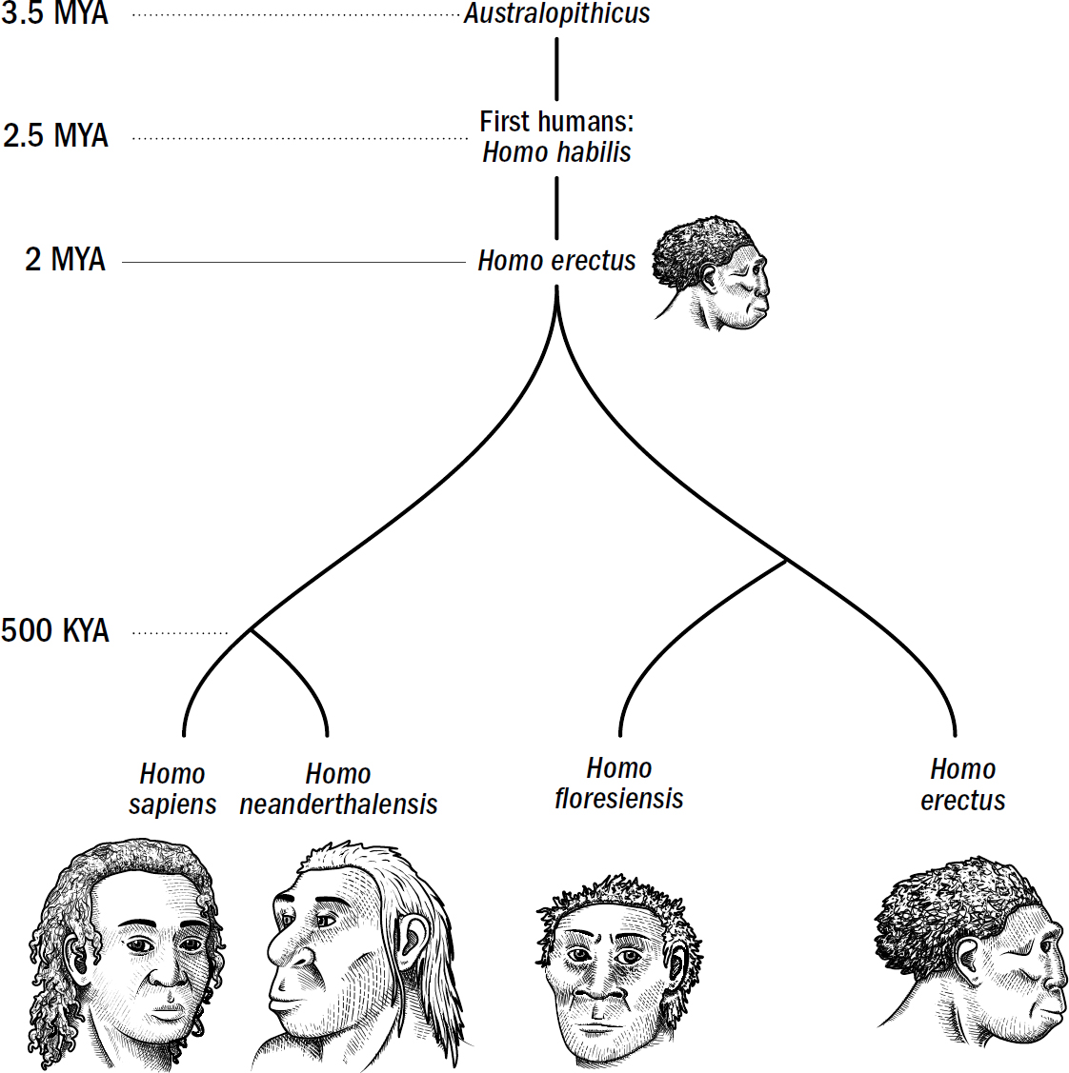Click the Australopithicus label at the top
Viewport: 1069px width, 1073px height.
[556, 14]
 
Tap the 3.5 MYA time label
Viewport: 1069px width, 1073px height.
[55, 13]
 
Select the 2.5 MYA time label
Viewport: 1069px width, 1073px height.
[55, 136]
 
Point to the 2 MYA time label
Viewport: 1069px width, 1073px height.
[65, 260]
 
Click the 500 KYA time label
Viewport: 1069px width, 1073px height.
[55, 630]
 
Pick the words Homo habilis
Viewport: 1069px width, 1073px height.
[556, 152]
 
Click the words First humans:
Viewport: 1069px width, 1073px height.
[556, 122]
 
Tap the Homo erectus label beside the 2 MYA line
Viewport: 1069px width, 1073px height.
[556, 261]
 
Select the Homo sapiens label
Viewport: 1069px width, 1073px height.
[172, 788]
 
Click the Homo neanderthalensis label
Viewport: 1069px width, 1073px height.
[338, 788]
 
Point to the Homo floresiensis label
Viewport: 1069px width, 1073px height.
[619, 784]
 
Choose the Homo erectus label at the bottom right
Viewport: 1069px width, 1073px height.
[962, 785]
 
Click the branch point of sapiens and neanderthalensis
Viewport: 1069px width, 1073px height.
[251, 629]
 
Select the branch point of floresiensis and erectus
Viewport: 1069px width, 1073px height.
[786, 560]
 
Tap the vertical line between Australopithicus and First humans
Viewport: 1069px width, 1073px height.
[556, 69]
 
